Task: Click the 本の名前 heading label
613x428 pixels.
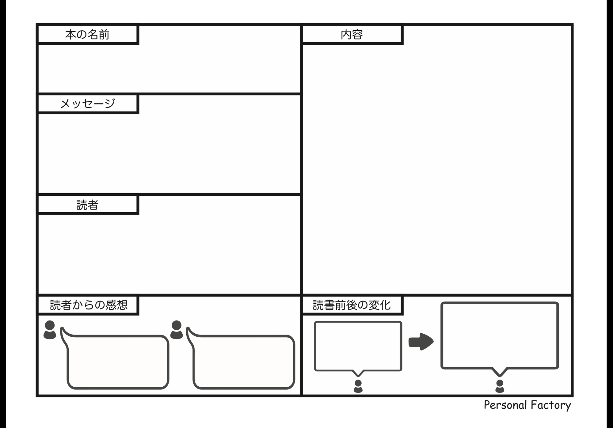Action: pos(87,35)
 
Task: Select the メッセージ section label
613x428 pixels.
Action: pos(87,104)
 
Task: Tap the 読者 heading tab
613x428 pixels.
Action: pos(87,205)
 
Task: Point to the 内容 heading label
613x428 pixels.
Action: pos(352,35)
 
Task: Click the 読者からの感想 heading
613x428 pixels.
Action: pos(89,305)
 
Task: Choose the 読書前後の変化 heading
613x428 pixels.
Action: pos(352,305)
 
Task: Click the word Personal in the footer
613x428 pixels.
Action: pos(505,405)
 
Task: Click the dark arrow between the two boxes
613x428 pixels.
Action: pos(421,342)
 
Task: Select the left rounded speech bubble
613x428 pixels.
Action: pos(118,362)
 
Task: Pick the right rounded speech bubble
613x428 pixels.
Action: pos(244,362)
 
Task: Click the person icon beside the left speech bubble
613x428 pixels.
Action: pos(50,330)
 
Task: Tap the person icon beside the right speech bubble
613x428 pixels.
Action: pos(177,330)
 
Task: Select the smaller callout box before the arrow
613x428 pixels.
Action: pos(358,346)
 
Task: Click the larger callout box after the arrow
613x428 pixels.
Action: pos(500,335)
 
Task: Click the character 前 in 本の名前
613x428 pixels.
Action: pos(104,35)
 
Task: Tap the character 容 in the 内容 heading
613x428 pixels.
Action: pos(357,35)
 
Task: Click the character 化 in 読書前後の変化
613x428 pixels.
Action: pos(385,305)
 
